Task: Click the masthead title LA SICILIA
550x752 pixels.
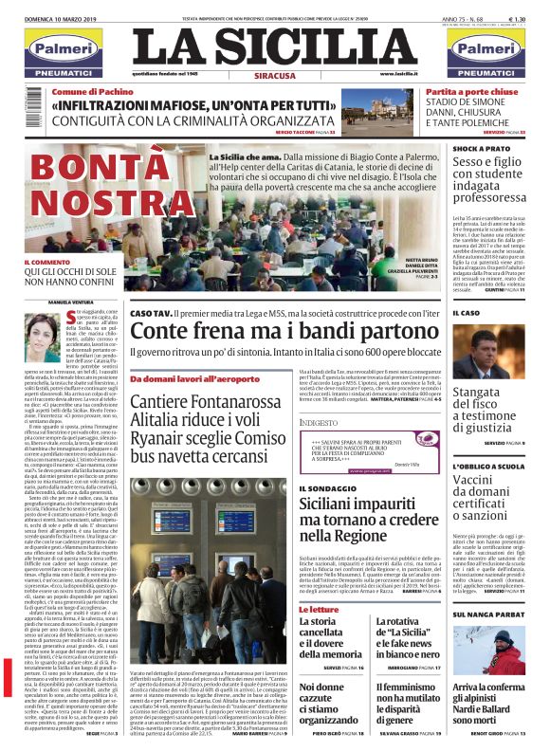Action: [x=274, y=46]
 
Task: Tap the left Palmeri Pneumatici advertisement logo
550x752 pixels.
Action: [x=64, y=54]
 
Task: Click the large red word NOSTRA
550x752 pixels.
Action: [x=105, y=204]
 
